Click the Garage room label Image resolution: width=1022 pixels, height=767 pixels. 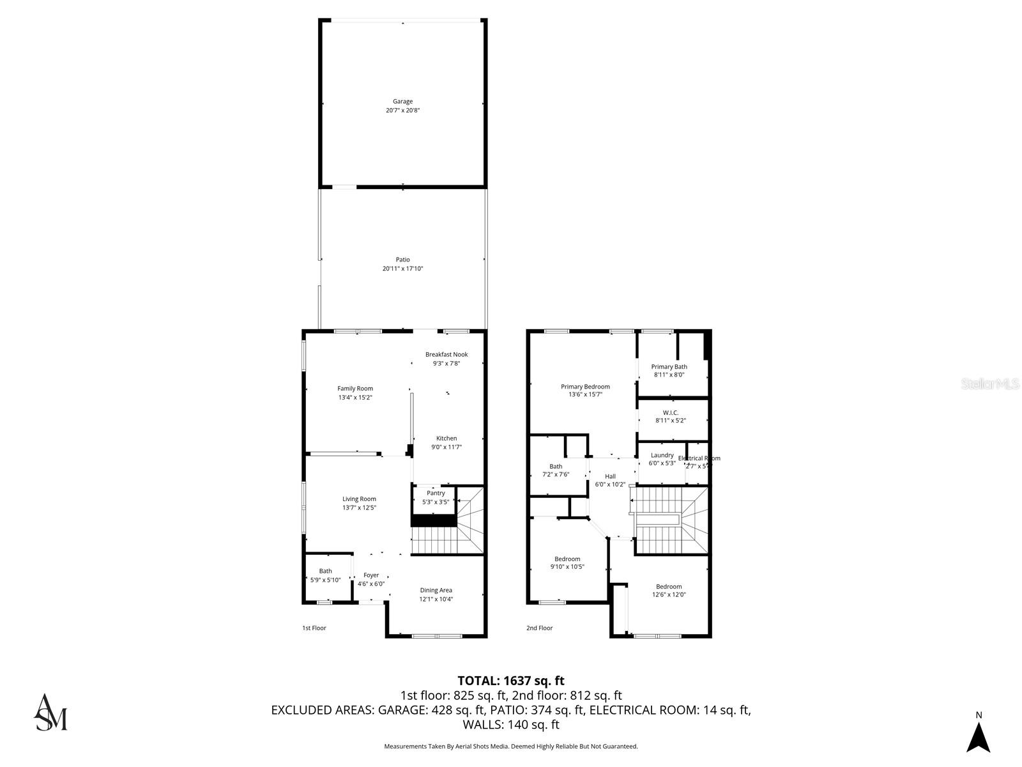pos(402,102)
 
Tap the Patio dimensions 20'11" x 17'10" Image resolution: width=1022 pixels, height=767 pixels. pos(402,269)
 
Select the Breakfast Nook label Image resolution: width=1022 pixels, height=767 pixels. pos(446,355)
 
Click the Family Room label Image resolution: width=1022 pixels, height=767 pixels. pos(355,389)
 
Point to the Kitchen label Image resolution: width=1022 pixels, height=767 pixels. pos(446,438)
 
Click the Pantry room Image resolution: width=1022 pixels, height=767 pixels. pos(436,497)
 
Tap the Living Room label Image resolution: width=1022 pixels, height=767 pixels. pos(359,499)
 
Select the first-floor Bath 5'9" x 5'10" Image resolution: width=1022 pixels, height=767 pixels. pos(325,575)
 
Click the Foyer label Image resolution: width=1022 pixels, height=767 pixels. pos(371,575)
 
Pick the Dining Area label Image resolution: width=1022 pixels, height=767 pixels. pos(436,591)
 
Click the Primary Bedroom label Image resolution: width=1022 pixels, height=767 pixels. pos(585,387)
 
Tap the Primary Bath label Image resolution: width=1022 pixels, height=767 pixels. pos(669,367)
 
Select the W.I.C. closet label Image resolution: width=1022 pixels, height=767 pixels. pos(670,413)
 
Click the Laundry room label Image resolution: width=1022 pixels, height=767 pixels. pos(662,456)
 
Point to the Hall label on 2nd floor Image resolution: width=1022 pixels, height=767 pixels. pos(610,476)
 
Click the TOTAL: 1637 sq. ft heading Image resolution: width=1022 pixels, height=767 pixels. pos(511,681)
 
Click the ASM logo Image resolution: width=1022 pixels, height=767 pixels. pos(50,712)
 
